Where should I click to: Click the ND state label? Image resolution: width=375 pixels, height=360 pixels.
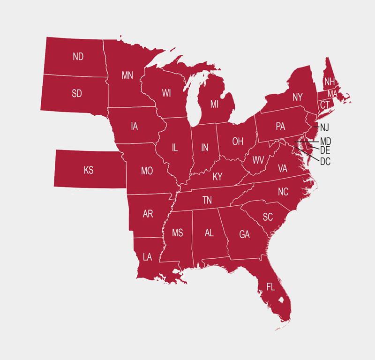pos(78,57)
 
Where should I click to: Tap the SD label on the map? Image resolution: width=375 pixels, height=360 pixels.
pos(77,93)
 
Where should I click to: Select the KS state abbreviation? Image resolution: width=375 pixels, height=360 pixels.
pos(89,170)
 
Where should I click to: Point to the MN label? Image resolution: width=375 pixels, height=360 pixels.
pos(127,75)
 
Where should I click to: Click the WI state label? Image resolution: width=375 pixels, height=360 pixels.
pos(166,93)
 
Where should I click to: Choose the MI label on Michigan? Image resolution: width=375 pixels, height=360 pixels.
pos(214,104)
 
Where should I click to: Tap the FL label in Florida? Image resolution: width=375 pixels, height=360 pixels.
pos(270,287)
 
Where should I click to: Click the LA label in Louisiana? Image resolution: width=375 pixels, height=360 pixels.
pos(147,256)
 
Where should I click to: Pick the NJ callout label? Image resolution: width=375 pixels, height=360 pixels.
pos(325,127)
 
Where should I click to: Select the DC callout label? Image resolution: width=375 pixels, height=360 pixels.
pos(325,162)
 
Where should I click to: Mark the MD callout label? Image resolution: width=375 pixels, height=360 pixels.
pos(326,141)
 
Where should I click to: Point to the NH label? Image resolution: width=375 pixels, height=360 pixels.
pos(330,82)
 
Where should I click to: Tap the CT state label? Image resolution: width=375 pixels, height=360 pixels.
pos(325,105)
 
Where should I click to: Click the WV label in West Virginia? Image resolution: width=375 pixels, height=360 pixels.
pos(258,160)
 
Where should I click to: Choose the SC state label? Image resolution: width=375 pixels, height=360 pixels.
pos(268,217)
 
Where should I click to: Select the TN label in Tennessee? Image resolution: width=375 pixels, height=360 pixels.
pos(207,200)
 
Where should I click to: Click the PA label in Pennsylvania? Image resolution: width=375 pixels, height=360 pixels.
pos(280,126)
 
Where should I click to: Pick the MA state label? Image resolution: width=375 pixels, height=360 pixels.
pos(332,93)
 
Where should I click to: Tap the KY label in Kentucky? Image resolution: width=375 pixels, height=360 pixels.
pos(217,177)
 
